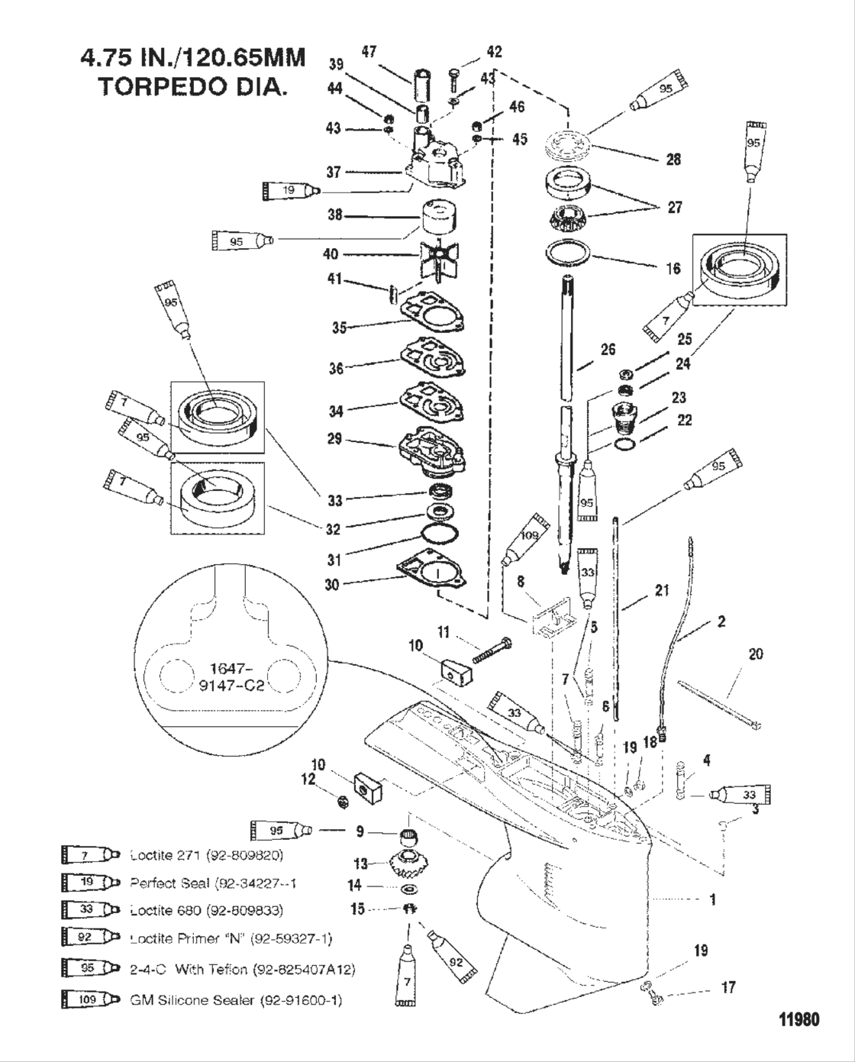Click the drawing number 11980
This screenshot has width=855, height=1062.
point(799,1019)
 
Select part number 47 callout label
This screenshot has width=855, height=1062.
point(369,51)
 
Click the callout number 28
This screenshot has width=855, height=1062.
point(673,159)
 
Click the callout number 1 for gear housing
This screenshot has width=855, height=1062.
point(713,899)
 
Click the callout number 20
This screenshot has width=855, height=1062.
point(755,654)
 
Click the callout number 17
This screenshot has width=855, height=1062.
point(728,987)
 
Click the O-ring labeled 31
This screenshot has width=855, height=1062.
point(438,534)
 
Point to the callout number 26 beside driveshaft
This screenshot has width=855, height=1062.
point(608,350)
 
